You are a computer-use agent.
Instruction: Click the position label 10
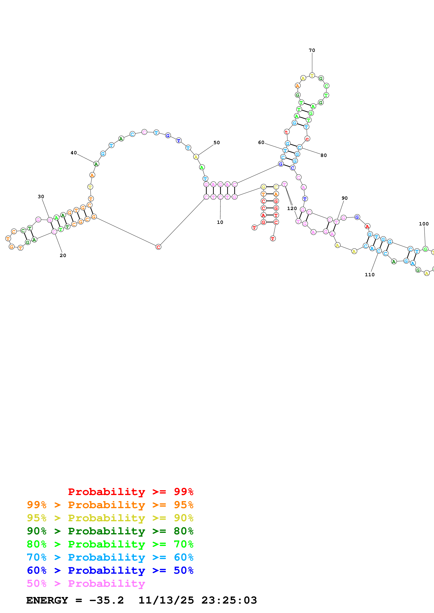pos(220,222)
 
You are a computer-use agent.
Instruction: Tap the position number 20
pos(63,255)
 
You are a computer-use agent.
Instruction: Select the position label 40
pos(74,153)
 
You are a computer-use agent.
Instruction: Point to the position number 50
pos(217,143)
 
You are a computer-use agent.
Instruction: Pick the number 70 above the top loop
pos(312,50)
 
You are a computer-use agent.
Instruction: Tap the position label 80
pos(324,155)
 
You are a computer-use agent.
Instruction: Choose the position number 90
pos(344,198)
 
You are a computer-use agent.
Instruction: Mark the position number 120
pos(292,208)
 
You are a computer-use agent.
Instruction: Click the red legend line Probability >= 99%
pos(130,492)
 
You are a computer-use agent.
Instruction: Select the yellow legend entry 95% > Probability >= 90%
pos(110,518)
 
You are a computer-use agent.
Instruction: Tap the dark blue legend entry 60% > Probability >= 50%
pos(110,570)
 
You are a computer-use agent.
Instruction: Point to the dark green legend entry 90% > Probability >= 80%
pos(110,531)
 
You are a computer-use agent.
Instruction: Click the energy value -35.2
pos(106,600)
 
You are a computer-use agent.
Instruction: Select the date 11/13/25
pos(166,600)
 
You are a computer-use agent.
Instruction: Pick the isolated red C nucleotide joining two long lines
pos(158,247)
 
